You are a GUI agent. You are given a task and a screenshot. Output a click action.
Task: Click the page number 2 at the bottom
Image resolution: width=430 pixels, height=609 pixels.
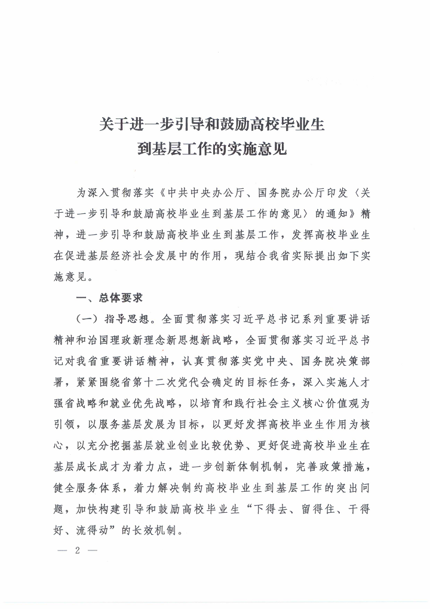tap(78, 550)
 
